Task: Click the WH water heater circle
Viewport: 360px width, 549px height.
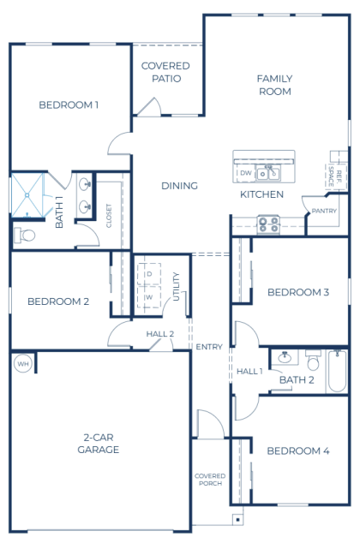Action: pyautogui.click(x=23, y=364)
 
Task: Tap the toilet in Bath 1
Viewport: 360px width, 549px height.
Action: pyautogui.click(x=24, y=236)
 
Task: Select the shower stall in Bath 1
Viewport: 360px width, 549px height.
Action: pyautogui.click(x=27, y=195)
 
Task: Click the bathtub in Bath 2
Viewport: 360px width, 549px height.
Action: pyautogui.click(x=337, y=371)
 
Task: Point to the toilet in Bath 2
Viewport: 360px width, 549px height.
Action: pyautogui.click(x=313, y=361)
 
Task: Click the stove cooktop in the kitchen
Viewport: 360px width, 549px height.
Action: pyautogui.click(x=268, y=224)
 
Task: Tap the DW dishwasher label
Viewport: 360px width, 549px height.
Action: pyautogui.click(x=246, y=173)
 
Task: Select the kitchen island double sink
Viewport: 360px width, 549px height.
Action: pyautogui.click(x=268, y=173)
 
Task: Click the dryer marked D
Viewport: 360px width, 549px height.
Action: pyautogui.click(x=149, y=274)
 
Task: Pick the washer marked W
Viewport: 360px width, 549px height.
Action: pyautogui.click(x=149, y=297)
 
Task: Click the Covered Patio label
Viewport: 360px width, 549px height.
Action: pyautogui.click(x=165, y=72)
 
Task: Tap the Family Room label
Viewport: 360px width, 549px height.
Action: pyautogui.click(x=275, y=85)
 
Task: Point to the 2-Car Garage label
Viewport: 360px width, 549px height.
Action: pyautogui.click(x=99, y=444)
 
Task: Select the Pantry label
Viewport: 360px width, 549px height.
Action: pyautogui.click(x=324, y=211)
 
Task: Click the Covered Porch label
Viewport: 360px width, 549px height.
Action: pyautogui.click(x=210, y=480)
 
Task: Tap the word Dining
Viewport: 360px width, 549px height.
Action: pyautogui.click(x=179, y=186)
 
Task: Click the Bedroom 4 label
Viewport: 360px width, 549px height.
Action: pyautogui.click(x=298, y=451)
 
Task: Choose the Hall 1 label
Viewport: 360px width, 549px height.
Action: pyautogui.click(x=249, y=371)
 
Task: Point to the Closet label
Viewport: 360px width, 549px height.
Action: pyautogui.click(x=109, y=216)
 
